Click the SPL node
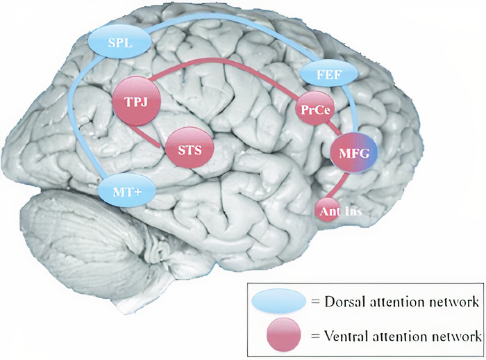pyautogui.click(x=120, y=42)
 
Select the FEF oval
pyautogui.click(x=329, y=74)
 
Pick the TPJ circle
pyautogui.click(x=136, y=101)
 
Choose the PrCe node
pyautogui.click(x=315, y=108)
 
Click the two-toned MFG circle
pyautogui.click(x=354, y=153)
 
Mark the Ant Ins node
pyautogui.click(x=328, y=210)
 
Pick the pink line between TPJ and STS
pyautogui.click(x=144, y=136)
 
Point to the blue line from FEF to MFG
pyautogui.click(x=353, y=108)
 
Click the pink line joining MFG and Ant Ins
pyautogui.click(x=338, y=186)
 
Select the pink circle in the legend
pyautogui.click(x=283, y=334)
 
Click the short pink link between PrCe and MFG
pyautogui.click(x=334, y=128)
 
